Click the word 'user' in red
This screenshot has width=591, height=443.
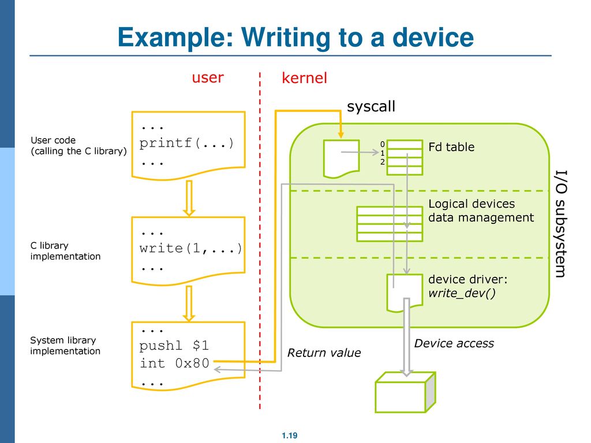[x=208, y=78]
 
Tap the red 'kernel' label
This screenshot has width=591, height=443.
[x=304, y=78]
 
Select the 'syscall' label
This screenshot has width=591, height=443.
[x=371, y=106]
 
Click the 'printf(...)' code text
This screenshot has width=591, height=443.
[x=187, y=143]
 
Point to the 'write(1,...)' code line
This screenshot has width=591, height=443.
[x=190, y=248]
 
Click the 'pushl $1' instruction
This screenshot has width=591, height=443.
[x=174, y=346]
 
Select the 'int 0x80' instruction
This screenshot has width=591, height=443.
[x=174, y=363]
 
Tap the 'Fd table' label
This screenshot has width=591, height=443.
[x=451, y=147]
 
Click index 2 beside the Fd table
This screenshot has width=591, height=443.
[x=383, y=162]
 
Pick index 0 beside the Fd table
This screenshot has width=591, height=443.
[x=383, y=144]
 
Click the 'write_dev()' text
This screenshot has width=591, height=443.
[x=462, y=293]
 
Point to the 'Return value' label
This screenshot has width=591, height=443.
[x=324, y=352]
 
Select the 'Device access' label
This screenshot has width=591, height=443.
[x=454, y=343]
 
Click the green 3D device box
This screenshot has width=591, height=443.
[x=405, y=392]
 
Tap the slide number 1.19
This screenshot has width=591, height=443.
[x=290, y=436]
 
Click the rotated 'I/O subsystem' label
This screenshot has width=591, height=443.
[x=560, y=224]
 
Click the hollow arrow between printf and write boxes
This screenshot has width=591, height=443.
[x=189, y=198]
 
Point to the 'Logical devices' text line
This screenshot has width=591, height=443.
[x=472, y=204]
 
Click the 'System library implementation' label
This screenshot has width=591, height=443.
[x=65, y=346]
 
